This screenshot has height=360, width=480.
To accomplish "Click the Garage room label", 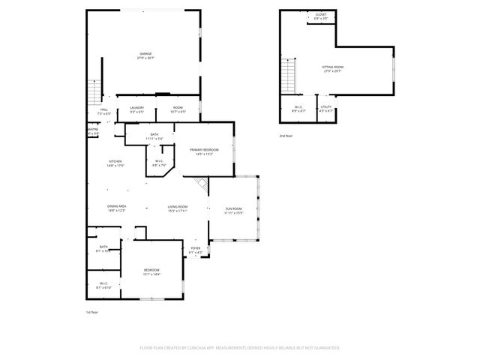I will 145,54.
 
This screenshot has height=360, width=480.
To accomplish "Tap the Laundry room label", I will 136,107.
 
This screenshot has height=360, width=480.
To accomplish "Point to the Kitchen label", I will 115,161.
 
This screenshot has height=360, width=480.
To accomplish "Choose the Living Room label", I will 177,206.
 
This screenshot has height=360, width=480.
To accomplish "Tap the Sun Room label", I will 234,208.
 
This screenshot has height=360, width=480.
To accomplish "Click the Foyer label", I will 195,248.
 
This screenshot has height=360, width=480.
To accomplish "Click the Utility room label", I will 325,107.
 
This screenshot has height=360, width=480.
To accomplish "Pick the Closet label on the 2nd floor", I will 320,14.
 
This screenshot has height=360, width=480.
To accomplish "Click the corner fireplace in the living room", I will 199,184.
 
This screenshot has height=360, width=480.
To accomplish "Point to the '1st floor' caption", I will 92,311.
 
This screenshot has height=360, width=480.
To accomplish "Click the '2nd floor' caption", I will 286,136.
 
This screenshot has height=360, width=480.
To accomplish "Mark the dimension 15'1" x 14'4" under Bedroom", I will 151,274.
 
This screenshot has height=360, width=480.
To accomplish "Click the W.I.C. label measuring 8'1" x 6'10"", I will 103,283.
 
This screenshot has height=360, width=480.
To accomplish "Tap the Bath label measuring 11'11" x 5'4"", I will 154,134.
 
